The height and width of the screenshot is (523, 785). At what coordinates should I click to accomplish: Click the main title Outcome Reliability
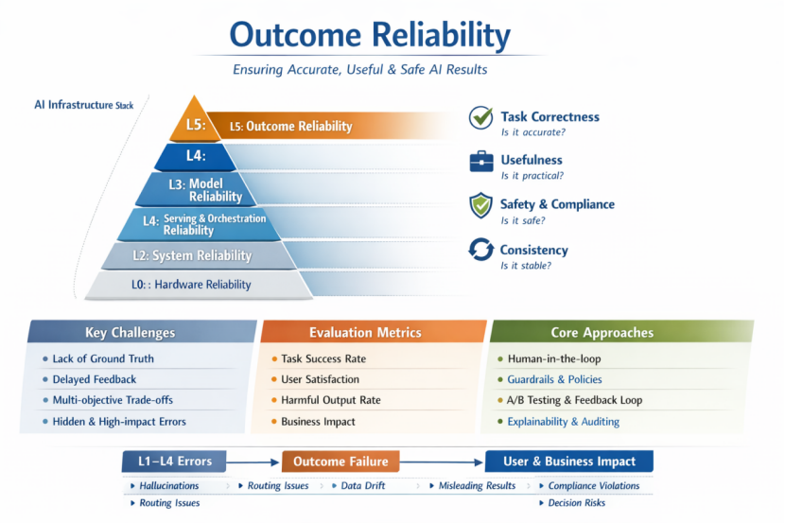pos(370,35)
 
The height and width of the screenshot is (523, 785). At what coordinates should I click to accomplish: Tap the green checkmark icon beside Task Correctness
pos(481,117)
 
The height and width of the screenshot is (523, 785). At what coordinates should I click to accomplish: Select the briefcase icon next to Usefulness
pos(481,162)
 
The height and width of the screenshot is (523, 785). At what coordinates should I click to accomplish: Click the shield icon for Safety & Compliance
pos(481,205)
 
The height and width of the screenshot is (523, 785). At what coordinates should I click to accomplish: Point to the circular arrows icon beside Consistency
pos(481,250)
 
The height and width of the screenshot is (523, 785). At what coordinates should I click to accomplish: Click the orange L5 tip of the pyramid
pos(195,123)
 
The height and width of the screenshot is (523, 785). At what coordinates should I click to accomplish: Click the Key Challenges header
pos(131,333)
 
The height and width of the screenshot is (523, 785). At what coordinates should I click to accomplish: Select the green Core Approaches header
pos(602,333)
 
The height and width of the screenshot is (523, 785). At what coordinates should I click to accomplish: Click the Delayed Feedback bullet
pos(95,379)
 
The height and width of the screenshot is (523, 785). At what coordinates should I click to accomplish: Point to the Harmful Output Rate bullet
pos(330,400)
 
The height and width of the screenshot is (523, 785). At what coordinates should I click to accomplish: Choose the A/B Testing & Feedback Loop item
pos(574,400)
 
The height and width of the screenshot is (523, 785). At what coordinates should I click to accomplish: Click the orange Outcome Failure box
pos(340,462)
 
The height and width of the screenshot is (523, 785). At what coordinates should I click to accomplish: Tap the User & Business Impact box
pos(568,462)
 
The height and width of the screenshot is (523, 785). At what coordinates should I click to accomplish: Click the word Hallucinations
pos(169,486)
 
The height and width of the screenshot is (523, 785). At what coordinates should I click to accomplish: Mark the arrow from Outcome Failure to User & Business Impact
pos(442,462)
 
